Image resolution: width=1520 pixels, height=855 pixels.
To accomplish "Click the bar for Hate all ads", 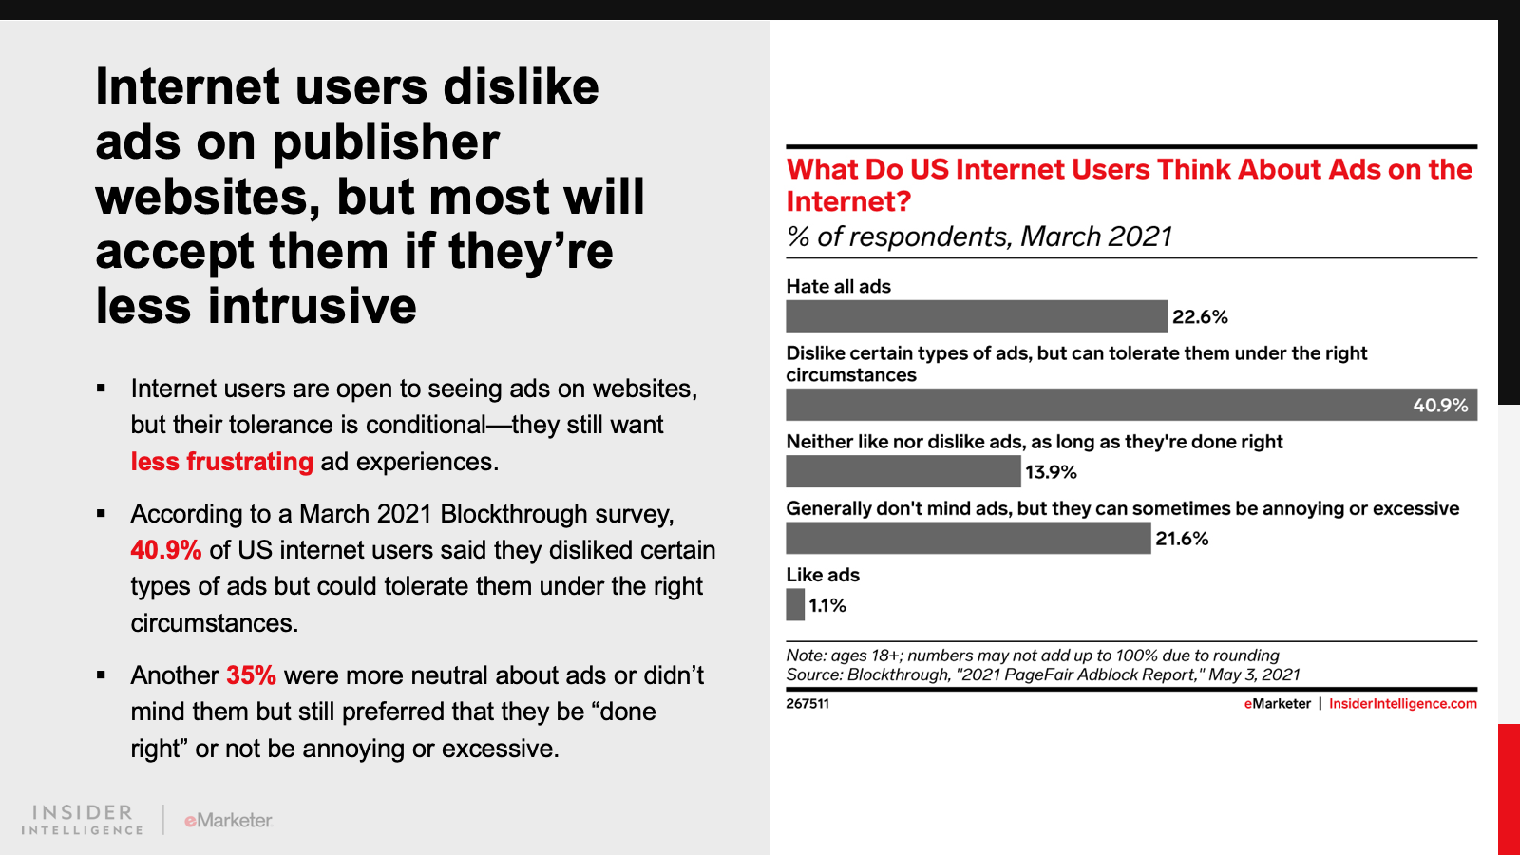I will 977,316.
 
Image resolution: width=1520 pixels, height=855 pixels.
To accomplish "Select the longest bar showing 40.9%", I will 1130,405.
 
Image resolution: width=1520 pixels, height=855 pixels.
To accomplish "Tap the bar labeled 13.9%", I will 902,471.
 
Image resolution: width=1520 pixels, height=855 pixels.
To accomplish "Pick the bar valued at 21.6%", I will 968,538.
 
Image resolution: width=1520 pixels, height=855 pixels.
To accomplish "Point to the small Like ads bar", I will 795,605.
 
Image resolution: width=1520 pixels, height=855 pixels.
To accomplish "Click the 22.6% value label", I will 1200,317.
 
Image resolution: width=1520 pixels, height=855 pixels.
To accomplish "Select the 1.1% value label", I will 827,606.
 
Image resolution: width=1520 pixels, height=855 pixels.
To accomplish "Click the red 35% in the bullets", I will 251,675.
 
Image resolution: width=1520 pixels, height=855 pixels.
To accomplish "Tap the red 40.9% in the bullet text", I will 166,550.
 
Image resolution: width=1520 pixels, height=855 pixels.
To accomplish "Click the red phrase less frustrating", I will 221,462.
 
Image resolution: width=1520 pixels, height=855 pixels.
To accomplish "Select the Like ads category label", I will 823,575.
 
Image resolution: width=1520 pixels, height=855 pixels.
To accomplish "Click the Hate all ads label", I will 838,286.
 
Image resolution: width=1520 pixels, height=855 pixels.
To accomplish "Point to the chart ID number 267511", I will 807,704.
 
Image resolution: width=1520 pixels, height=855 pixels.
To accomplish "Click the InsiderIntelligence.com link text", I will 1402,704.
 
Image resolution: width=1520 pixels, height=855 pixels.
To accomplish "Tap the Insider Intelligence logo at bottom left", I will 83,820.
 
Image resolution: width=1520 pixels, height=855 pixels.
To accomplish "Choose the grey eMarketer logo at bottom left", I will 228,820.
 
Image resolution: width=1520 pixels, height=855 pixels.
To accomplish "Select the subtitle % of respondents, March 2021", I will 979,237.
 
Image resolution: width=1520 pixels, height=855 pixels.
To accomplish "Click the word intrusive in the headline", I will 313,306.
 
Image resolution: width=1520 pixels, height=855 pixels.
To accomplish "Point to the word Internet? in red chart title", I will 848,201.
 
